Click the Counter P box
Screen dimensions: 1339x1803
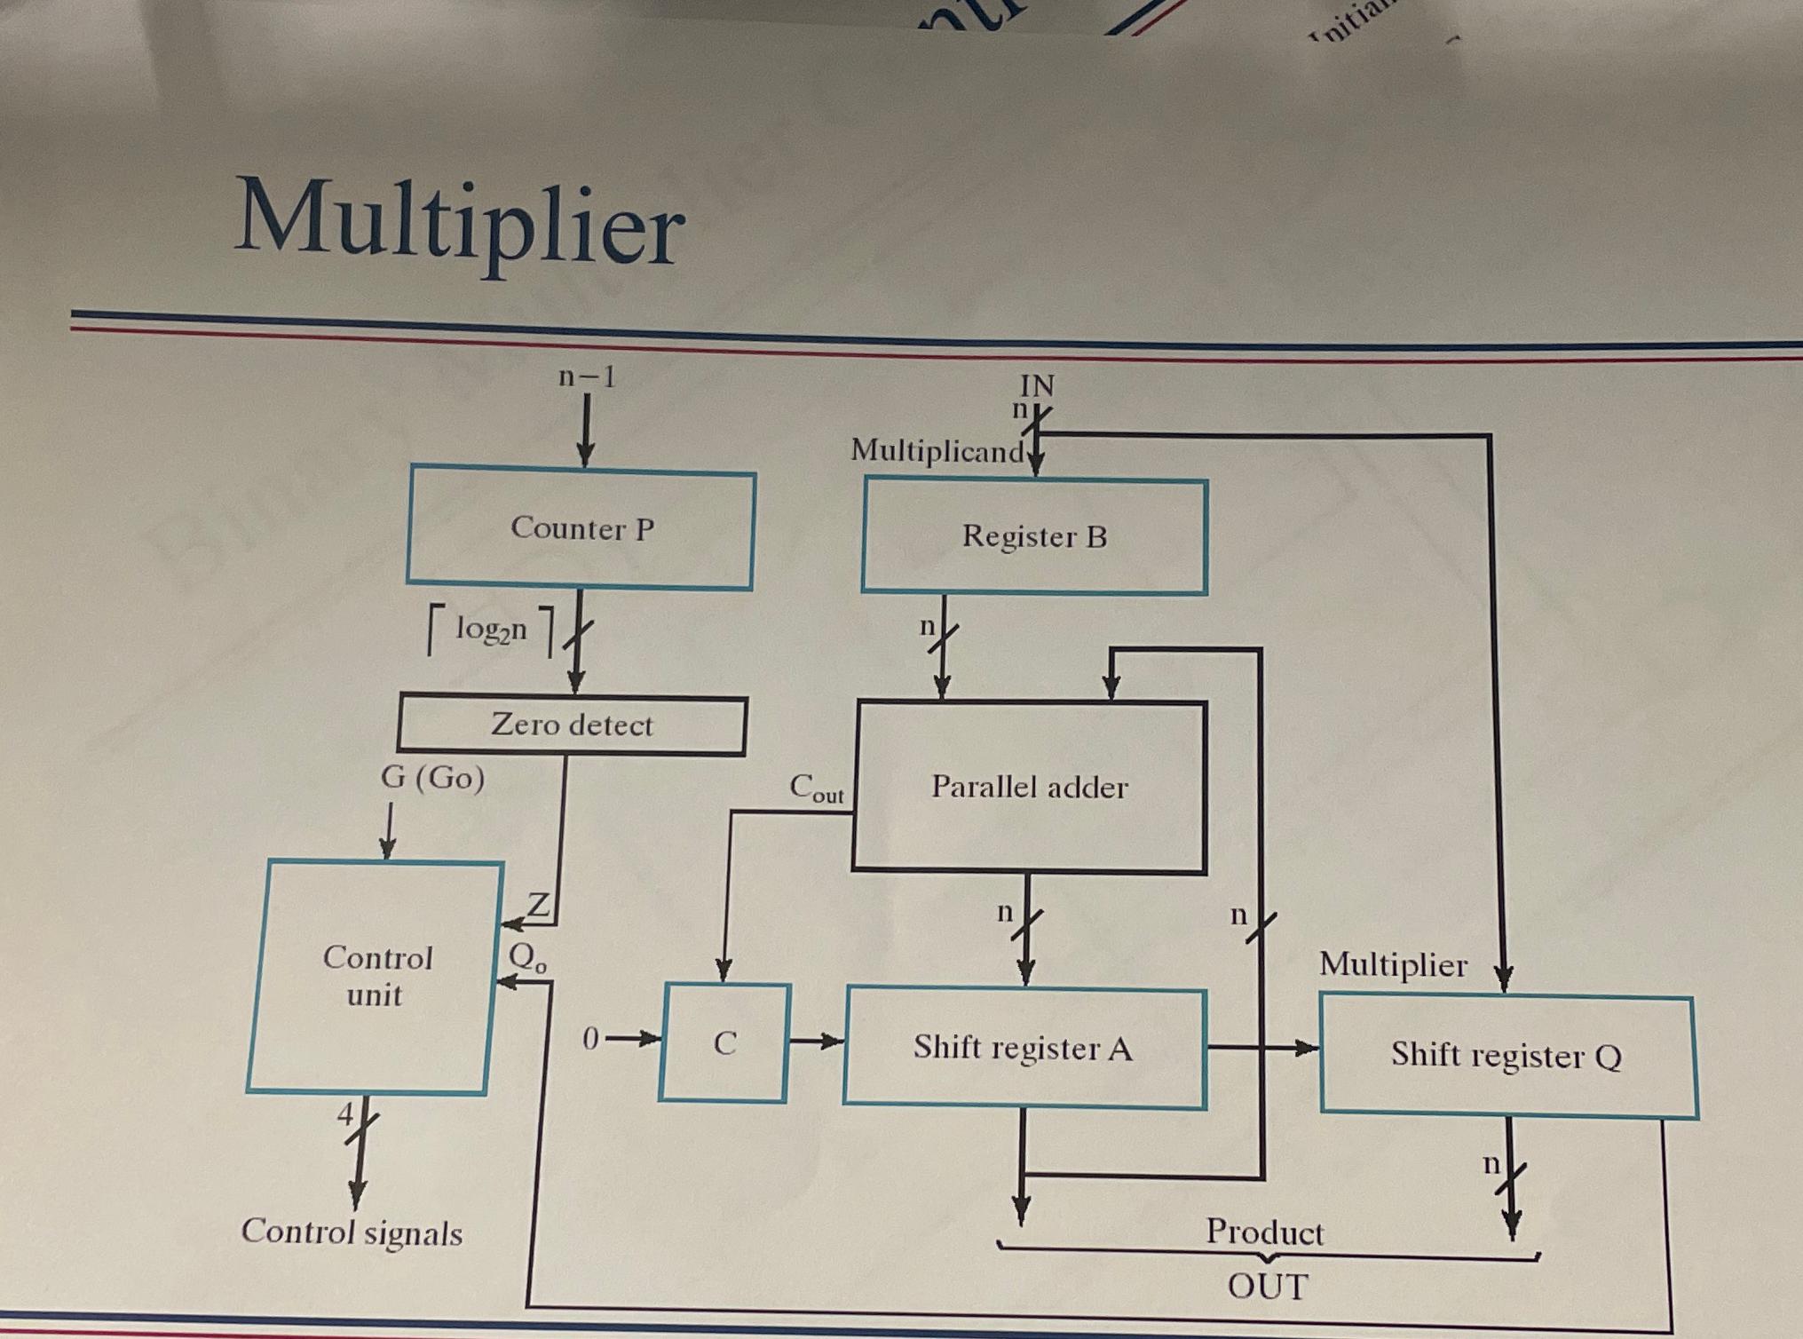(581, 529)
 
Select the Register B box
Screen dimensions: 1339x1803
(1034, 536)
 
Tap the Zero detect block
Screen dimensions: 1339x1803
(573, 725)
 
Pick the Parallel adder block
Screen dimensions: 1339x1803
(1029, 787)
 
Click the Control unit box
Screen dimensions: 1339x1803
(376, 977)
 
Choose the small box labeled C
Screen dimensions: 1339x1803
(724, 1043)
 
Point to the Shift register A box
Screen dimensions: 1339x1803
(1024, 1049)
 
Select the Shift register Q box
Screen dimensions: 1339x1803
(1507, 1056)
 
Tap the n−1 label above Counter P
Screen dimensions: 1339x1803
(587, 377)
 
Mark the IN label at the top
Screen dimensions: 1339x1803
(1037, 385)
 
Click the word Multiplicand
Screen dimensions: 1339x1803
(937, 451)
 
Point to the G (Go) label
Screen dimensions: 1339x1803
(432, 778)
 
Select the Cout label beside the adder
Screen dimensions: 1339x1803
(816, 788)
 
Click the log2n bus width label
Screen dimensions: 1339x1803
(491, 630)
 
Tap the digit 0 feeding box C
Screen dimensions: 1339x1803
(590, 1038)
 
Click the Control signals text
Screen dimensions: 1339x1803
(352, 1232)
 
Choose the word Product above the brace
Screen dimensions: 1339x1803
(1264, 1232)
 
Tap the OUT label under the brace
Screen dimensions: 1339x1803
(1268, 1286)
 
